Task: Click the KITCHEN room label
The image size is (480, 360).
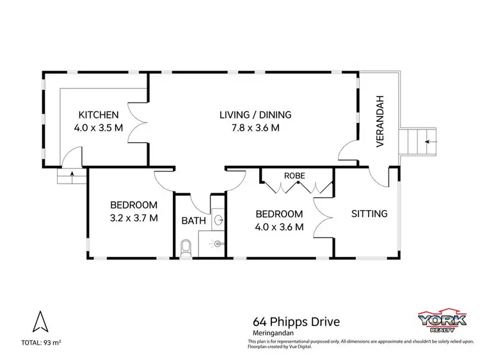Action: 98,115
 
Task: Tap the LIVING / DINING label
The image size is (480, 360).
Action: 255,115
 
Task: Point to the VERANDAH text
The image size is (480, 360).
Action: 380,130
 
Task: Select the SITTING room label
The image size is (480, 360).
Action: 369,213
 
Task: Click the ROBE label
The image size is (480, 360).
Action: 295,175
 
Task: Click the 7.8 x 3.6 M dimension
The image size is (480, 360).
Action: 255,127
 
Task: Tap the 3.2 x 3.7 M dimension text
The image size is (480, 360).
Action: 134,218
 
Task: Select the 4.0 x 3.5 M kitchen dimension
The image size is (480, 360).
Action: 98,127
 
